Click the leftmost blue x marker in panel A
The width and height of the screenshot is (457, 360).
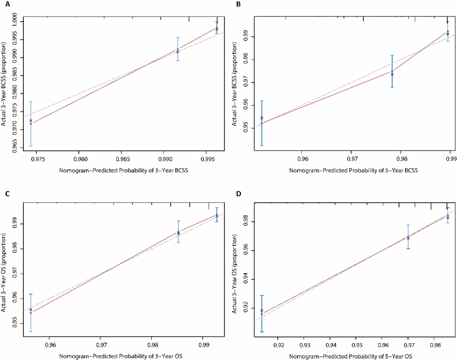(x=31, y=121)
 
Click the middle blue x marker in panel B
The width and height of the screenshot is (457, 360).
(x=392, y=74)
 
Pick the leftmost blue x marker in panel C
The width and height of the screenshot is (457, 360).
(x=31, y=310)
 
